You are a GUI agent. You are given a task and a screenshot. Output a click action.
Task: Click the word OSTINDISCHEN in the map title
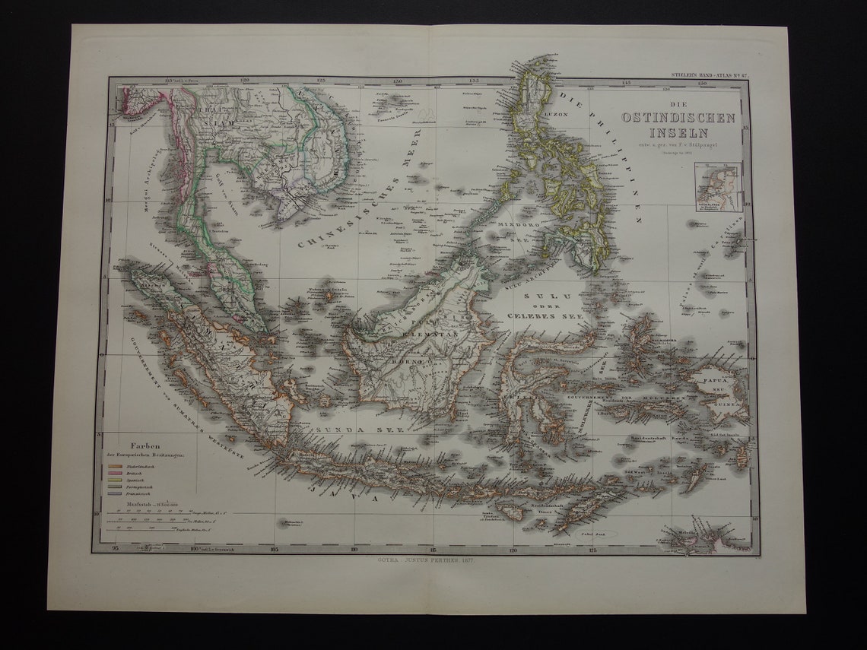tap(679, 117)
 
